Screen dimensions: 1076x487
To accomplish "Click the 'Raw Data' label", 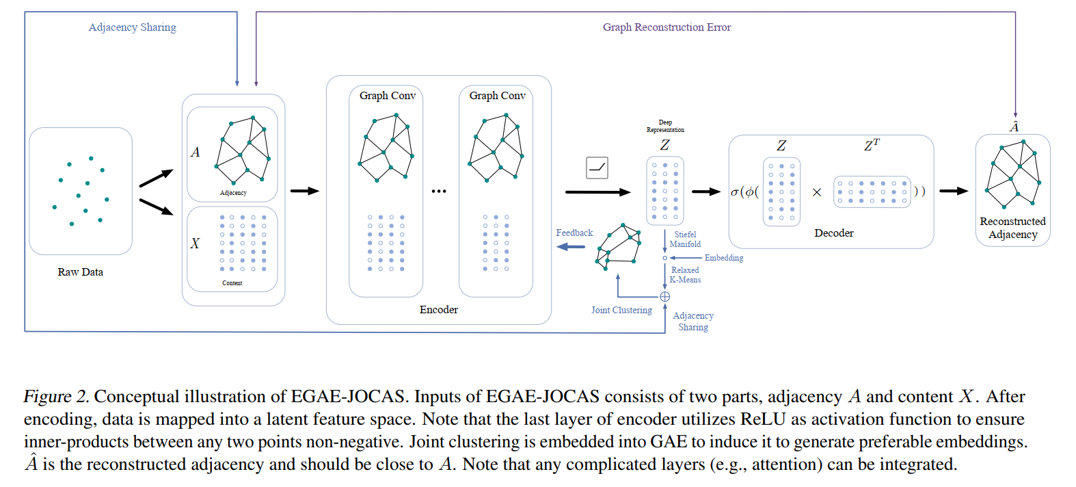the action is coord(80,272).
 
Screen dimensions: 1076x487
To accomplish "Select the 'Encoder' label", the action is coord(439,310).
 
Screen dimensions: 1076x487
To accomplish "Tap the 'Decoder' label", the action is coord(834,233).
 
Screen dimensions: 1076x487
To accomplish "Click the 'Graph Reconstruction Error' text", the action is coord(667,27).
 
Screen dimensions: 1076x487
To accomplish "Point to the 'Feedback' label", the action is coord(574,233).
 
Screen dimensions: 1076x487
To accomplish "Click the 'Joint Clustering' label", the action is coord(621,310).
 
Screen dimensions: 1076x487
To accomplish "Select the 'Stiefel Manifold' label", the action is coord(685,239).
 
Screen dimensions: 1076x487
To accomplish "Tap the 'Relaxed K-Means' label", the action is coord(685,274).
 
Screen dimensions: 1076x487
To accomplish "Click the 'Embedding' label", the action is coord(724,258).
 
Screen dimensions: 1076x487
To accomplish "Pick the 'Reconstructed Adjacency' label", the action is coord(1012,228).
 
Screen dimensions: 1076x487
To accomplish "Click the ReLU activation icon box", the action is coord(597,168).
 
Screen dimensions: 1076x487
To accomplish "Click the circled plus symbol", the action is coord(665,297).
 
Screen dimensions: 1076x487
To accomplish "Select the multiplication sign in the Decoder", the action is coord(817,192).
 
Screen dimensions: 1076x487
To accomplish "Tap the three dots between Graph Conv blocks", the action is coord(439,192).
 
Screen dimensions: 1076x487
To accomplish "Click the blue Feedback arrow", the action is coord(571,247).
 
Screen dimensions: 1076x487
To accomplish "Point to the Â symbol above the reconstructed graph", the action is coord(1014,127).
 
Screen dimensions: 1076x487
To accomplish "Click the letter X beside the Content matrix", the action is coord(195,243).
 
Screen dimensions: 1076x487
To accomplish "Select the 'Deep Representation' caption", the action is coord(665,126).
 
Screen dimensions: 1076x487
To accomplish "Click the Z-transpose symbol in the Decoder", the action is coord(872,145).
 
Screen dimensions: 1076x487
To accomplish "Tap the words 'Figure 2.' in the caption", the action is coord(56,397).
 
